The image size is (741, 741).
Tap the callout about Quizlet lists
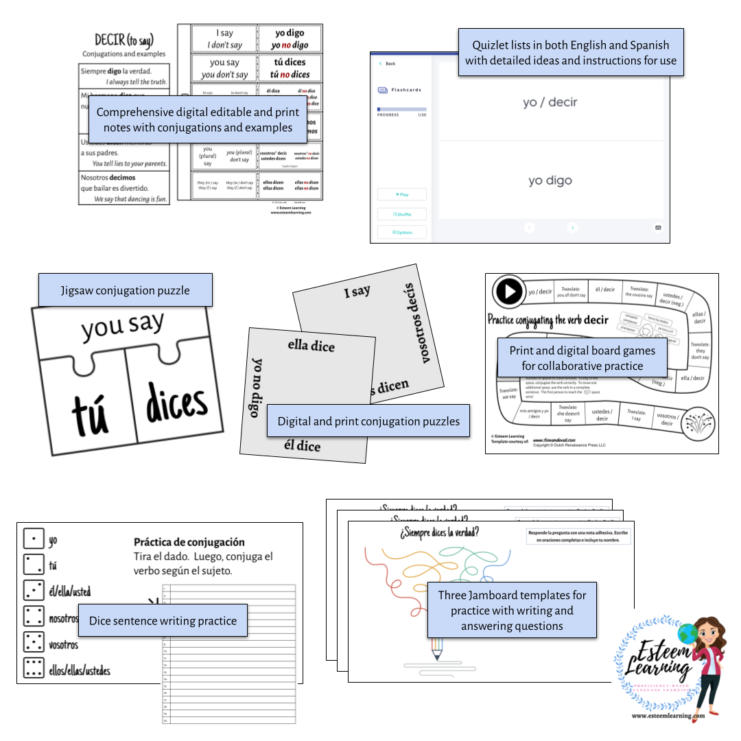click(571, 53)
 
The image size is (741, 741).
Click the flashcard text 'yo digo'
click(550, 180)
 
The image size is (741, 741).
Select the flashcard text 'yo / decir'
click(550, 102)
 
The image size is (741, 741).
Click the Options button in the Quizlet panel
click(402, 232)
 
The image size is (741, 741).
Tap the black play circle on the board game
click(509, 291)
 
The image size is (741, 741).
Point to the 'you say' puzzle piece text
click(123, 326)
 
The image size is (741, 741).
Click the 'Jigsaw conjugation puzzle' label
click(126, 290)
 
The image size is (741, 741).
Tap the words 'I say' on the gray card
click(357, 292)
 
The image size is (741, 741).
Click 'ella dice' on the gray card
click(311, 345)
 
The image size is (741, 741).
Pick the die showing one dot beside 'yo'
click(33, 539)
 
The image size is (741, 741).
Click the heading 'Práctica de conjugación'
click(189, 542)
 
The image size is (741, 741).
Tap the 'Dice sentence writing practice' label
click(163, 621)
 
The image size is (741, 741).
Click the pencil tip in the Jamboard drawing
click(436, 657)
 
